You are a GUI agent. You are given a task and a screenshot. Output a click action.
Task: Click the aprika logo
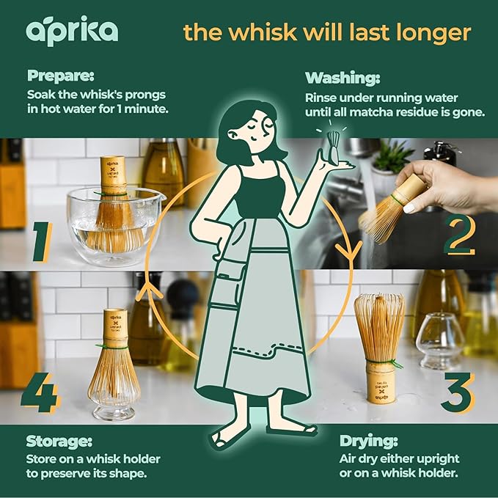coord(72,30)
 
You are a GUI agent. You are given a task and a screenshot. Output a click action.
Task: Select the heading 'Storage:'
coord(59,442)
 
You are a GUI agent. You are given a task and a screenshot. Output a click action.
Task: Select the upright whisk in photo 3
coord(378,345)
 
